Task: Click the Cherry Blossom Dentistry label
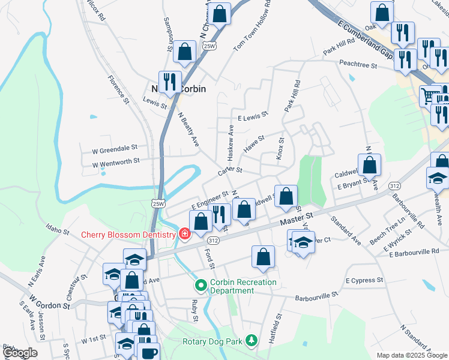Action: (x=127, y=234)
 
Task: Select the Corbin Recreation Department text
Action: (x=243, y=286)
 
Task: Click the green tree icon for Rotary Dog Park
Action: (x=252, y=341)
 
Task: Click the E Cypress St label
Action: (x=364, y=280)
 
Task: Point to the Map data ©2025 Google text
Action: (x=412, y=355)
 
